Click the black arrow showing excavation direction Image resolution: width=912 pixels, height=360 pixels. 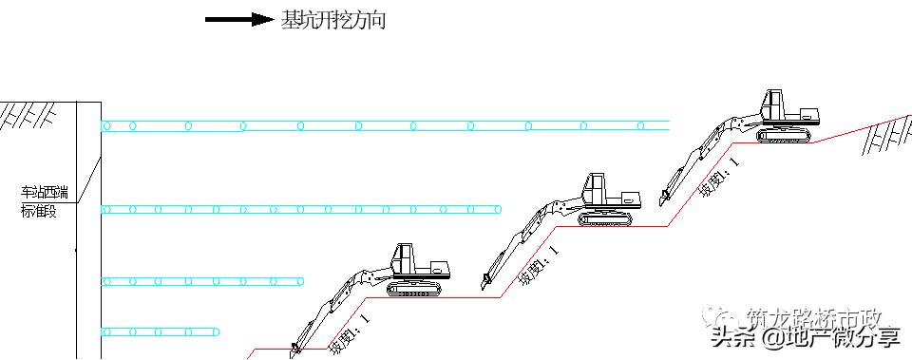coord(237,20)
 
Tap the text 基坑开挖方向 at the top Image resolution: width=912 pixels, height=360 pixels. coord(332,20)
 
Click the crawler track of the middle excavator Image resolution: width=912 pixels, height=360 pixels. coord(605,218)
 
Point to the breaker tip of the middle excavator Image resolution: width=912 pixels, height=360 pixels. coord(485,281)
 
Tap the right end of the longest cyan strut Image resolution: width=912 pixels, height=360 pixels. coord(669,125)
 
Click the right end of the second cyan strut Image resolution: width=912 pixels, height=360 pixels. coord(500,209)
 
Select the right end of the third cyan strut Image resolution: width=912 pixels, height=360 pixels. coord(302,281)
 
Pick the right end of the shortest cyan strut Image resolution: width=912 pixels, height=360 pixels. coord(220,332)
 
